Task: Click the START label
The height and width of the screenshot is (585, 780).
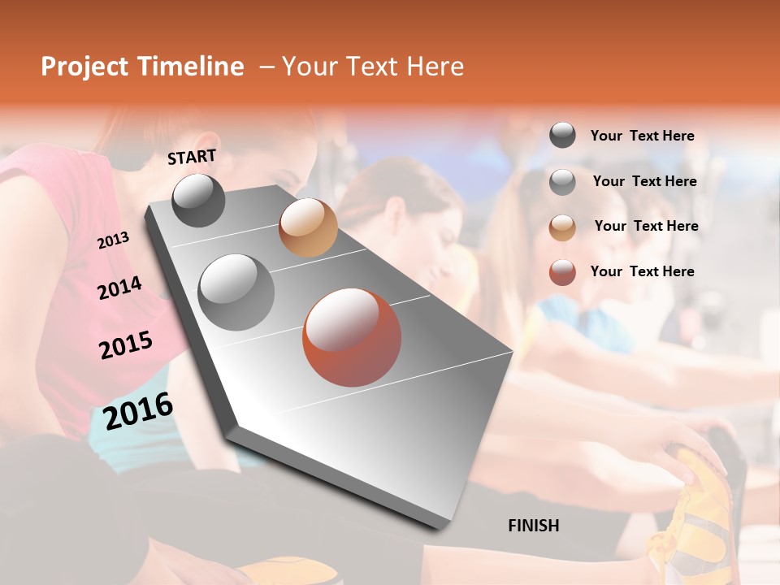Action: [x=192, y=157]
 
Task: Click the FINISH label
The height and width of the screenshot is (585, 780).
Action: [x=533, y=526]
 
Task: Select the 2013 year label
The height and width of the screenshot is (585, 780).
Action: [x=113, y=240]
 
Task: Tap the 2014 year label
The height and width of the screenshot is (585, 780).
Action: [x=119, y=288]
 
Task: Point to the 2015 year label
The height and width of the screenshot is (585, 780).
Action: [x=126, y=344]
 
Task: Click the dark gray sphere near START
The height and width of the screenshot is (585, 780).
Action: [x=198, y=200]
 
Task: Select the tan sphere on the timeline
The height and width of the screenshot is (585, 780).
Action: [x=308, y=227]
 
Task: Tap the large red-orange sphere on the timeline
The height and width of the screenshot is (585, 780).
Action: [x=352, y=337]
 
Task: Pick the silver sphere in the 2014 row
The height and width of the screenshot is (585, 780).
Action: [x=236, y=292]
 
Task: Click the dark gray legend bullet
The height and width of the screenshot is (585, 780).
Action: [x=562, y=136]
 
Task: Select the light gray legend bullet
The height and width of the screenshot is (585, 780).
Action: [x=562, y=182]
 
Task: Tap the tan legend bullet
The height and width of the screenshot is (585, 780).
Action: [x=562, y=227]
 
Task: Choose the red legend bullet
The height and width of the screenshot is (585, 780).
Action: [x=562, y=272]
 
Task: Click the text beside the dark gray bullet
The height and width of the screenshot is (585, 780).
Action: [x=642, y=136]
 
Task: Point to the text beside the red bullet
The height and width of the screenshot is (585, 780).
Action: [x=642, y=271]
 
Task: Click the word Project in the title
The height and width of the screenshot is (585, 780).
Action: [x=84, y=67]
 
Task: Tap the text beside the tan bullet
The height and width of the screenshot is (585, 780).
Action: [x=646, y=226]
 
